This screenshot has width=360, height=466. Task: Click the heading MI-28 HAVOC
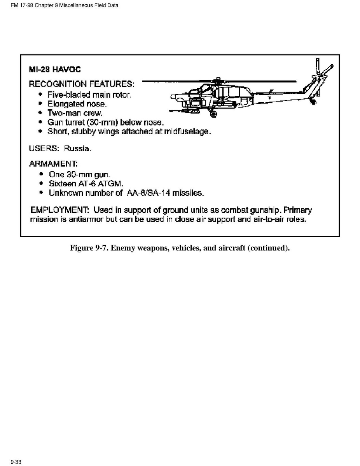tap(55, 70)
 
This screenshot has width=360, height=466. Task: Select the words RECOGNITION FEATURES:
tap(82, 84)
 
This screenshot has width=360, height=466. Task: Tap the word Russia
tap(77, 148)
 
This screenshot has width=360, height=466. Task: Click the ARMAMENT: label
tap(53, 164)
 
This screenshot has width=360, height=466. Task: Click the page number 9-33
tap(16, 462)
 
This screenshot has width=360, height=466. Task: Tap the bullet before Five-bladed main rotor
tap(41, 95)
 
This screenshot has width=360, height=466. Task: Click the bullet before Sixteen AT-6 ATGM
tap(42, 183)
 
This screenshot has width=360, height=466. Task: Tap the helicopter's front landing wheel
tap(213, 114)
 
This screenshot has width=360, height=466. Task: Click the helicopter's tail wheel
tap(313, 102)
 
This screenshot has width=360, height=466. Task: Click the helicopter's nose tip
tap(172, 96)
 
